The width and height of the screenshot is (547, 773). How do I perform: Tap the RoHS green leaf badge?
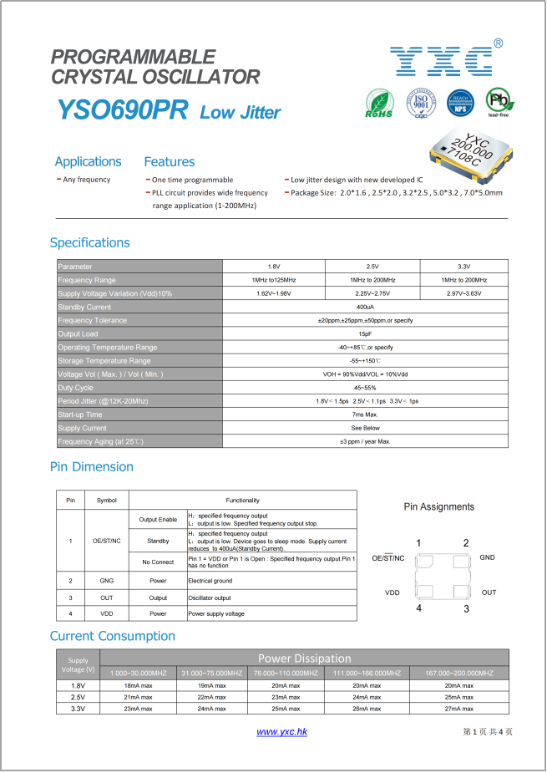tap(380, 104)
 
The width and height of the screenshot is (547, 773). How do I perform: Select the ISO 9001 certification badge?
tap(421, 104)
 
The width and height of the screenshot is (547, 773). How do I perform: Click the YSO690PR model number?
tap(122, 111)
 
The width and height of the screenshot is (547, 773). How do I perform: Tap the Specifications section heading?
tap(90, 242)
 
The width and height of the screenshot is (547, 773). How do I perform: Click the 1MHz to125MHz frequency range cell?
tap(273, 280)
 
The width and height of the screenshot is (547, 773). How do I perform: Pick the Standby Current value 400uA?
tap(365, 307)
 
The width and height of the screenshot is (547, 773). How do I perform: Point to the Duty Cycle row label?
tap(75, 388)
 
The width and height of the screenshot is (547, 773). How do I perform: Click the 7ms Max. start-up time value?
tap(365, 414)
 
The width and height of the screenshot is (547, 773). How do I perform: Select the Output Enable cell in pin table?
tap(158, 520)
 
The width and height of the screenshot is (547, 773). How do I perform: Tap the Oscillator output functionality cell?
tap(210, 598)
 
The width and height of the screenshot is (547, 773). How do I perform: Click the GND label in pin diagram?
tap(488, 557)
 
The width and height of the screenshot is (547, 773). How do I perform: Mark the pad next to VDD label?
tap(425, 592)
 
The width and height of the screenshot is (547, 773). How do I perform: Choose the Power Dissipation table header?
tap(304, 659)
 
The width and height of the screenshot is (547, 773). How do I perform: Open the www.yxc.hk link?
tap(281, 732)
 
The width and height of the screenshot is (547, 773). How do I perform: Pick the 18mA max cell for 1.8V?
tap(138, 685)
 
